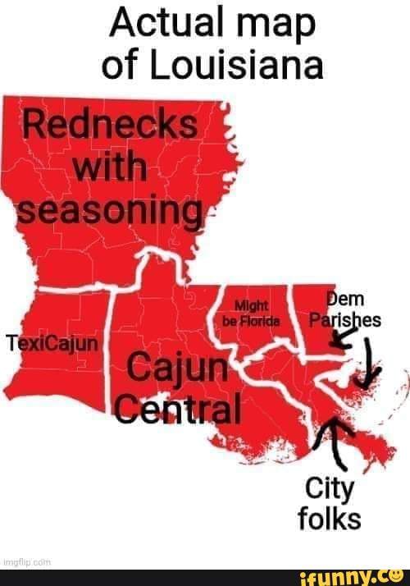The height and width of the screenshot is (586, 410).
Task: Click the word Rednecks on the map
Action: (x=109, y=127)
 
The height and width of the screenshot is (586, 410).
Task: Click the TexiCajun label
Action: (x=51, y=342)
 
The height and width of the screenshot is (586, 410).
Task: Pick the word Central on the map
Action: (x=178, y=407)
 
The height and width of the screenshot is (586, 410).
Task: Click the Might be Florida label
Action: (x=252, y=313)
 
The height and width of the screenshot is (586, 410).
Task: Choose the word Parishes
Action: (x=344, y=320)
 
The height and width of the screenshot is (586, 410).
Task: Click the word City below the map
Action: (x=330, y=489)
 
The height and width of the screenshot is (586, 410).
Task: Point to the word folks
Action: (x=331, y=519)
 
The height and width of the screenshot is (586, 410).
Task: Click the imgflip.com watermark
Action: (x=25, y=562)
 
